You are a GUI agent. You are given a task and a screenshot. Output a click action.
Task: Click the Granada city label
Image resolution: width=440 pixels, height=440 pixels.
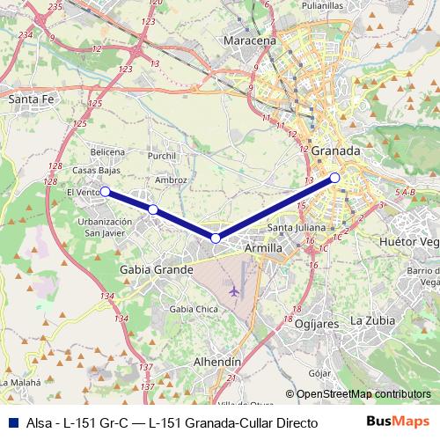click(x=336, y=150)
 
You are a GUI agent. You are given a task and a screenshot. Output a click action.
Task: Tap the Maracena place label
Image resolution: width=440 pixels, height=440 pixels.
click(x=251, y=40)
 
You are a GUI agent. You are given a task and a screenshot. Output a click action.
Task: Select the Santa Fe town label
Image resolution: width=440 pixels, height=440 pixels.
click(x=32, y=100)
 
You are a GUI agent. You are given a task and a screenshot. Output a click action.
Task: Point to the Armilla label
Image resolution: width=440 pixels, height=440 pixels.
click(x=263, y=249)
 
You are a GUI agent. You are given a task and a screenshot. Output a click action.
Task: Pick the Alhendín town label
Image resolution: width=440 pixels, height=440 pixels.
click(x=217, y=362)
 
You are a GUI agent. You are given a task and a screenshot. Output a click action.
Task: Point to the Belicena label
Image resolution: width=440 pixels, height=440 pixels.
click(x=96, y=151)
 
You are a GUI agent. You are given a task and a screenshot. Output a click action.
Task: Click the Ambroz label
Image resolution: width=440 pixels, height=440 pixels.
click(x=171, y=180)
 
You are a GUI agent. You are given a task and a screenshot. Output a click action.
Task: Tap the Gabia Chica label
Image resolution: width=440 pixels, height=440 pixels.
click(x=194, y=309)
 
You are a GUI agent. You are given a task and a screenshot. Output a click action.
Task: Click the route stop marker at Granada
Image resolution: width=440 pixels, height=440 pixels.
click(x=335, y=178)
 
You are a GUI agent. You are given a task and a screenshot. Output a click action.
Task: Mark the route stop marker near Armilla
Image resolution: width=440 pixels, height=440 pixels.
click(x=216, y=238)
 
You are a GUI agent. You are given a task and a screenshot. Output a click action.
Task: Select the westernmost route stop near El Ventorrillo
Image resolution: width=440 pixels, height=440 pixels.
click(x=104, y=191)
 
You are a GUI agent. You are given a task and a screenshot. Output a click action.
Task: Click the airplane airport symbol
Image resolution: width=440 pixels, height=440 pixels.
click(x=233, y=290)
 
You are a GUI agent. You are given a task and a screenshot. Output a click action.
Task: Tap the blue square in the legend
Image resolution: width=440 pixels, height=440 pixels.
click(x=11, y=423)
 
